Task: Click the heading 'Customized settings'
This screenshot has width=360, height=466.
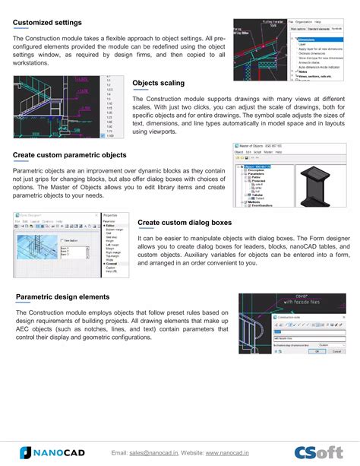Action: click(x=47, y=22)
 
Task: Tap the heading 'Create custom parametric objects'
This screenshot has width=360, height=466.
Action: click(x=69, y=155)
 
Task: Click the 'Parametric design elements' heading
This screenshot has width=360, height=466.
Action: click(x=62, y=296)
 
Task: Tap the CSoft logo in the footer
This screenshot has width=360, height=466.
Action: click(x=317, y=452)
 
